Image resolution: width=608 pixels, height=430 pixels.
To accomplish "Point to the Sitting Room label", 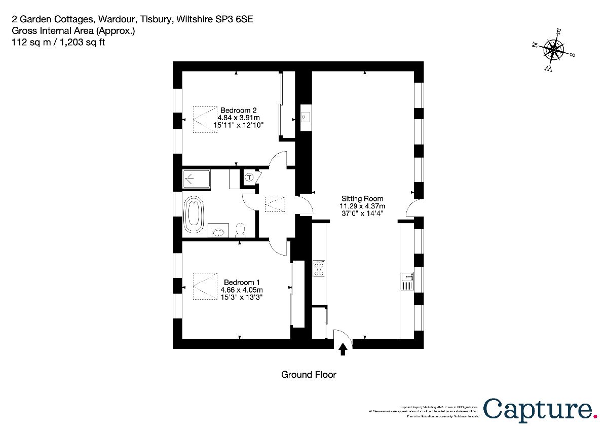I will pyautogui.click(x=362, y=199).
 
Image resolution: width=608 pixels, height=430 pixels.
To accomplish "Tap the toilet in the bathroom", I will pyautogui.click(x=241, y=230).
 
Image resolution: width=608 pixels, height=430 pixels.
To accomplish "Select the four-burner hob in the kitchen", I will pyautogui.click(x=320, y=268).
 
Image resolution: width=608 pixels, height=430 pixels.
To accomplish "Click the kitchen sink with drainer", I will pyautogui.click(x=407, y=280).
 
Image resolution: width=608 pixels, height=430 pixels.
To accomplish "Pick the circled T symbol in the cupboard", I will pyautogui.click(x=249, y=177).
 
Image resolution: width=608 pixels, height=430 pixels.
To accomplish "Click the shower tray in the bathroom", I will pyautogui.click(x=196, y=178).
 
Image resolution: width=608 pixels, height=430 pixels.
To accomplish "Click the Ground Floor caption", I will pyautogui.click(x=309, y=375).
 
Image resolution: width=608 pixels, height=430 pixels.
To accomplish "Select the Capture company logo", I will pyautogui.click(x=539, y=409).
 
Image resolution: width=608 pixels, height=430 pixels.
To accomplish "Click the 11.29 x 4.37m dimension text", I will pyautogui.click(x=362, y=206).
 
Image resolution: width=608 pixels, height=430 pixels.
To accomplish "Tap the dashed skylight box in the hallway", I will pyautogui.click(x=275, y=204).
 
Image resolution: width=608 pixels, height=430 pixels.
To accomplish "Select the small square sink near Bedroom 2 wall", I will pyautogui.click(x=305, y=118).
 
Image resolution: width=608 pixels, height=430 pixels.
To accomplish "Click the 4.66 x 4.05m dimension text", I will pyautogui.click(x=242, y=290).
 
